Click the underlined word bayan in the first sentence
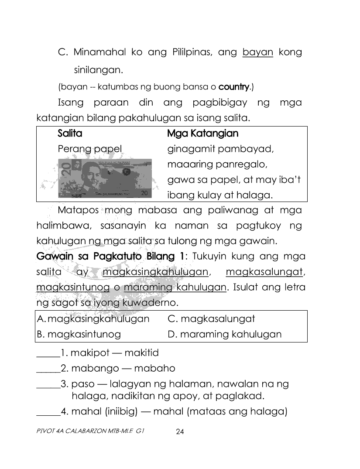(257, 53)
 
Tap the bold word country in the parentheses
(233, 87)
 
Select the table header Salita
(70, 133)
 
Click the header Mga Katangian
(203, 133)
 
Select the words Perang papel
(89, 149)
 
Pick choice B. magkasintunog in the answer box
(79, 335)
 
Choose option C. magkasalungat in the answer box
(211, 318)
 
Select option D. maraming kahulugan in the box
(224, 335)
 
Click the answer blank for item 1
(48, 353)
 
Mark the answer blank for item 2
(48, 369)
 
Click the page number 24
(180, 432)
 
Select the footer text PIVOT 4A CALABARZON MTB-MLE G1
(90, 431)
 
